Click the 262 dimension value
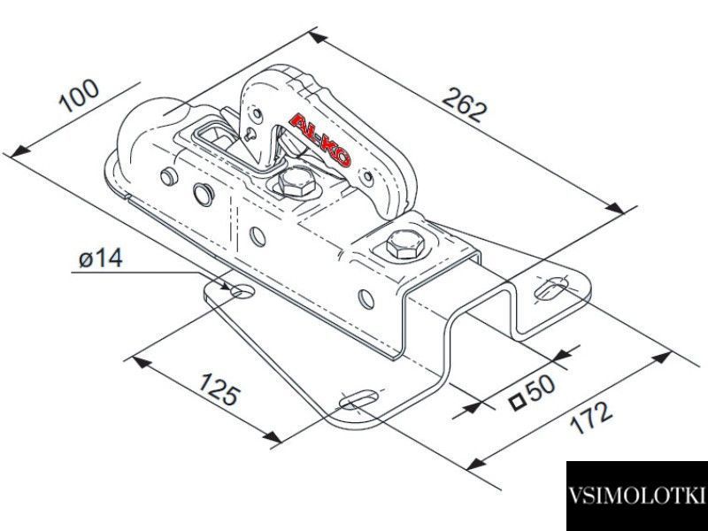465,104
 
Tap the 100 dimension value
79,96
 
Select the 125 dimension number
218,389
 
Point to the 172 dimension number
591,417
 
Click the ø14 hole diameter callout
101,258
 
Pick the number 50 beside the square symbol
541,388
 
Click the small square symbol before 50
517,401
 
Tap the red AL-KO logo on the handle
320,140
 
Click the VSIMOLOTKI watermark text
636,495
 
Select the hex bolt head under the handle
296,181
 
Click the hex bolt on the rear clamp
405,245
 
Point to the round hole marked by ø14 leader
242,291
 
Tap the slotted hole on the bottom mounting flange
359,400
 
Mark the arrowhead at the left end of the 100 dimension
19,151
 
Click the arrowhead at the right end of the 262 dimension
616,209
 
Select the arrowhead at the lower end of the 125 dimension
273,436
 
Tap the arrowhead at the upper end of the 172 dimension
661,358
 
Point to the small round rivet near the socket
168,176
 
